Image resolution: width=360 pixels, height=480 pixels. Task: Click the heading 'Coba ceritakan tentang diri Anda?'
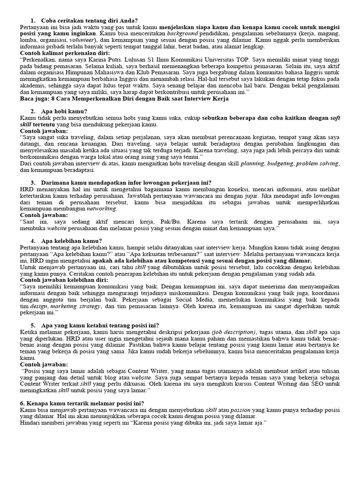(x=89, y=21)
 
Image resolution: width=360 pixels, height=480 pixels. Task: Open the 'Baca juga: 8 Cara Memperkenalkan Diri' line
(x=124, y=99)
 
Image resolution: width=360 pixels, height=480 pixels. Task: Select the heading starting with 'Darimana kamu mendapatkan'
(x=127, y=182)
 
